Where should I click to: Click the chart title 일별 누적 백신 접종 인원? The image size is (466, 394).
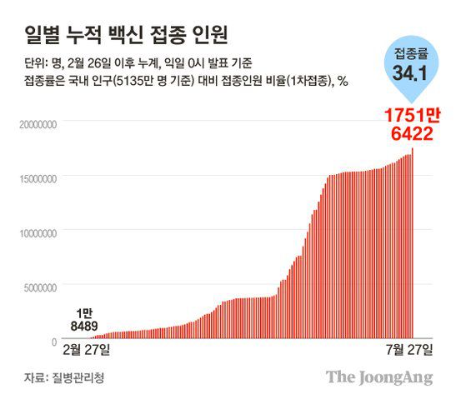click(x=125, y=35)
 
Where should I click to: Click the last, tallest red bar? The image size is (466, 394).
click(x=413, y=242)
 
